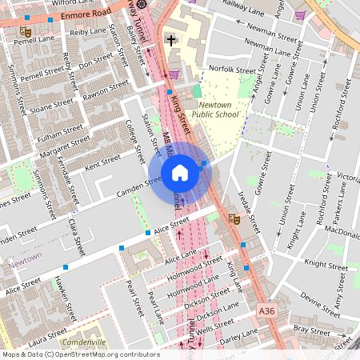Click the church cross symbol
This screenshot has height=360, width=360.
click(x=170, y=39)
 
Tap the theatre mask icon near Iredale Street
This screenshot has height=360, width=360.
click(x=234, y=218)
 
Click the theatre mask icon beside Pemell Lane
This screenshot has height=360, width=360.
click(x=26, y=30)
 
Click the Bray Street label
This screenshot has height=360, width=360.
click(x=311, y=330)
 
